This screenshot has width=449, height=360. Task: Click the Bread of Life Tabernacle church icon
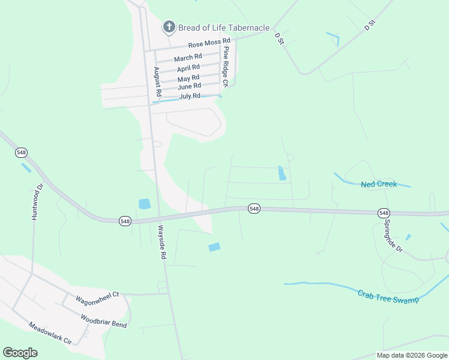pyautogui.click(x=169, y=27)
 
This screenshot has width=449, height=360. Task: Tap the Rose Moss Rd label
pyautogui.click(x=209, y=44)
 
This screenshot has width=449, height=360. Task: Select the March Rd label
pyautogui.click(x=188, y=58)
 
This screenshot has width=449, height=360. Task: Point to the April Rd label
pyautogui.click(x=188, y=68)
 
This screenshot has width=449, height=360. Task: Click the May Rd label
pyautogui.click(x=188, y=79)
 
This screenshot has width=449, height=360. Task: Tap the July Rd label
pyautogui.click(x=190, y=96)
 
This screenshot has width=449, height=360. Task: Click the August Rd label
pyautogui.click(x=157, y=82)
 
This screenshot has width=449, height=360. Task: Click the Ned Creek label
pyautogui.click(x=379, y=184)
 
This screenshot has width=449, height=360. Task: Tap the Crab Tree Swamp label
pyautogui.click(x=388, y=296)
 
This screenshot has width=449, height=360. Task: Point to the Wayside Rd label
pyautogui.click(x=161, y=242)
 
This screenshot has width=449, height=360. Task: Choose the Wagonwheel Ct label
pyautogui.click(x=97, y=296)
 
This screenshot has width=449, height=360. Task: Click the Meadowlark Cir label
pyautogui.click(x=50, y=333)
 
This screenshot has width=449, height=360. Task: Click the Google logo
pyautogui.click(x=20, y=353)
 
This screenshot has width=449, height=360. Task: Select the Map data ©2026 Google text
pyautogui.click(x=411, y=355)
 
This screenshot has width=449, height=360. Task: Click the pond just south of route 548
pyautogui.click(x=214, y=247)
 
